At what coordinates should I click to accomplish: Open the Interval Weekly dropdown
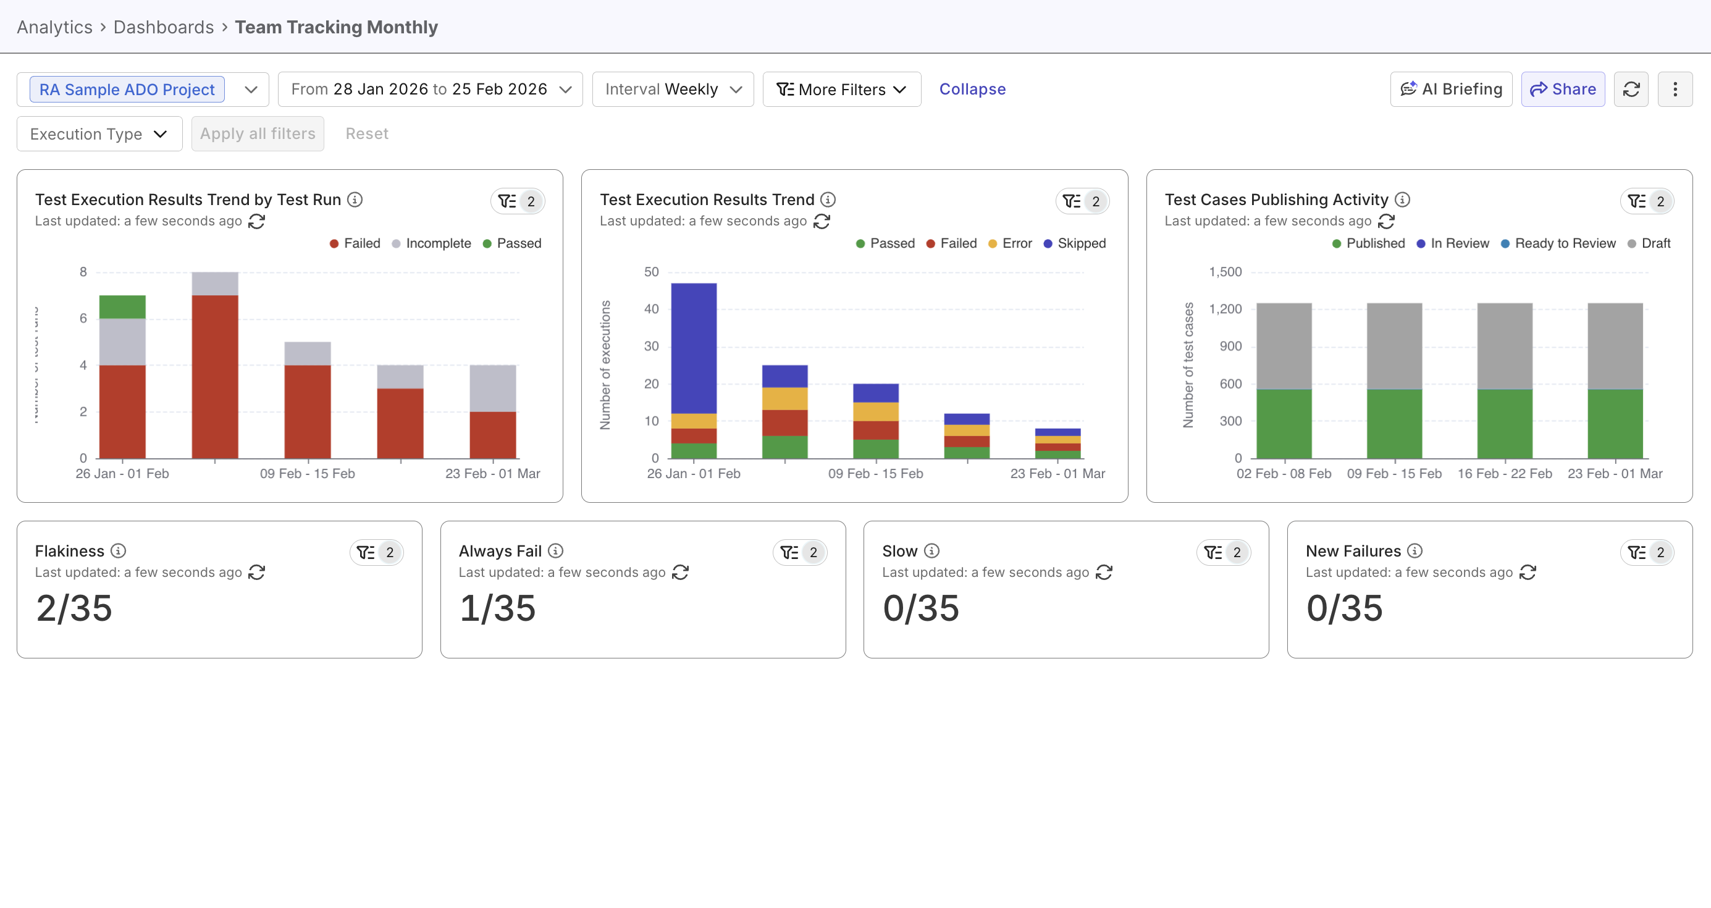[x=672, y=89]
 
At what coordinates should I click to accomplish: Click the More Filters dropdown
[x=841, y=89]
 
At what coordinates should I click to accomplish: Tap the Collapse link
[x=972, y=89]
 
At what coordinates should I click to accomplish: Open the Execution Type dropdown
[x=99, y=133]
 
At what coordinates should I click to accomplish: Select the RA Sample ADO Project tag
[x=127, y=89]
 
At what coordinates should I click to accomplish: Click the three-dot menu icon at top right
[x=1675, y=89]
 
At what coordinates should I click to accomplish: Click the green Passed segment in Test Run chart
[x=122, y=306]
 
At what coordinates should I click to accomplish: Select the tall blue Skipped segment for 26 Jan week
[x=694, y=347]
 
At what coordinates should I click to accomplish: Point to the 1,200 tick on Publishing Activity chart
[x=1225, y=309]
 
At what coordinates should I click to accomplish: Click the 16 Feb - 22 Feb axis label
[x=1505, y=474]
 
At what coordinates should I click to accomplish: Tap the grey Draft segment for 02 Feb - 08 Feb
[x=1284, y=345]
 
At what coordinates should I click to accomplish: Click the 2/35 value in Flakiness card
[x=74, y=608]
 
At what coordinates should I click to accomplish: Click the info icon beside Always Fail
[x=555, y=550]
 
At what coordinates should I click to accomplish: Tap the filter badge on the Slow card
[x=1223, y=552]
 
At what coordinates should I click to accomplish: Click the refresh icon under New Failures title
[x=1527, y=572]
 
